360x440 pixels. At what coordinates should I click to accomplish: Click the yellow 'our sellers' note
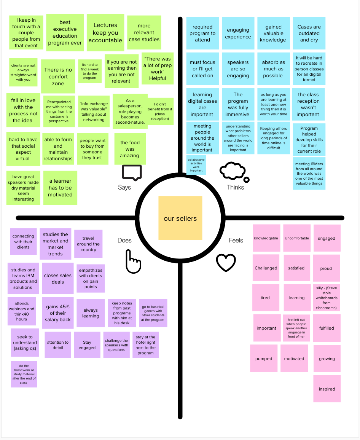[x=180, y=218]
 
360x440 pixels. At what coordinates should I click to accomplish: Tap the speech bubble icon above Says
[x=132, y=172]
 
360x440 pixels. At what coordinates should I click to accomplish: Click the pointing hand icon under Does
[x=133, y=261]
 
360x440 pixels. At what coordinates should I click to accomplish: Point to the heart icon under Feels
[x=226, y=263]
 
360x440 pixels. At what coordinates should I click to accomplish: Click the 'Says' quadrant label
[x=124, y=187]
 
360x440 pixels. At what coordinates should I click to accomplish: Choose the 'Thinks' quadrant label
[x=236, y=187]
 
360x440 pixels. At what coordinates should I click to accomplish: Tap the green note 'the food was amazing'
[x=130, y=149]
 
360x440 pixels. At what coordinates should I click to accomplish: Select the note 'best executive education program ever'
[x=65, y=33]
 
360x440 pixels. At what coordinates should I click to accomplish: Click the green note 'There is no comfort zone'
[x=58, y=76]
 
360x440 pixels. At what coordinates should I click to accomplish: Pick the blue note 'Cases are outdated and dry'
[x=309, y=33]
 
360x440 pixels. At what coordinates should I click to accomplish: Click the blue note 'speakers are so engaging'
[x=238, y=69]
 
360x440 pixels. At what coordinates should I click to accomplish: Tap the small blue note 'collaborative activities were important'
[x=196, y=165]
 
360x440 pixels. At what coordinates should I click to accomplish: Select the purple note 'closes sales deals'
[x=58, y=279]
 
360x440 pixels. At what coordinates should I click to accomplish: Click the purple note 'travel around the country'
[x=88, y=244]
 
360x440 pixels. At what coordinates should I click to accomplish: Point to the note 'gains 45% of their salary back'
[x=58, y=313]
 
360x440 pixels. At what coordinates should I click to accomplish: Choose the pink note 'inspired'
[x=327, y=389]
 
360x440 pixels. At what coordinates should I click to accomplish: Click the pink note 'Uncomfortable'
[x=297, y=238]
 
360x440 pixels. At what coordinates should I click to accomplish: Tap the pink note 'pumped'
[x=264, y=359]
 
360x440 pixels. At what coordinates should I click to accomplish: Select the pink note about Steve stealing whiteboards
[x=327, y=298]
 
